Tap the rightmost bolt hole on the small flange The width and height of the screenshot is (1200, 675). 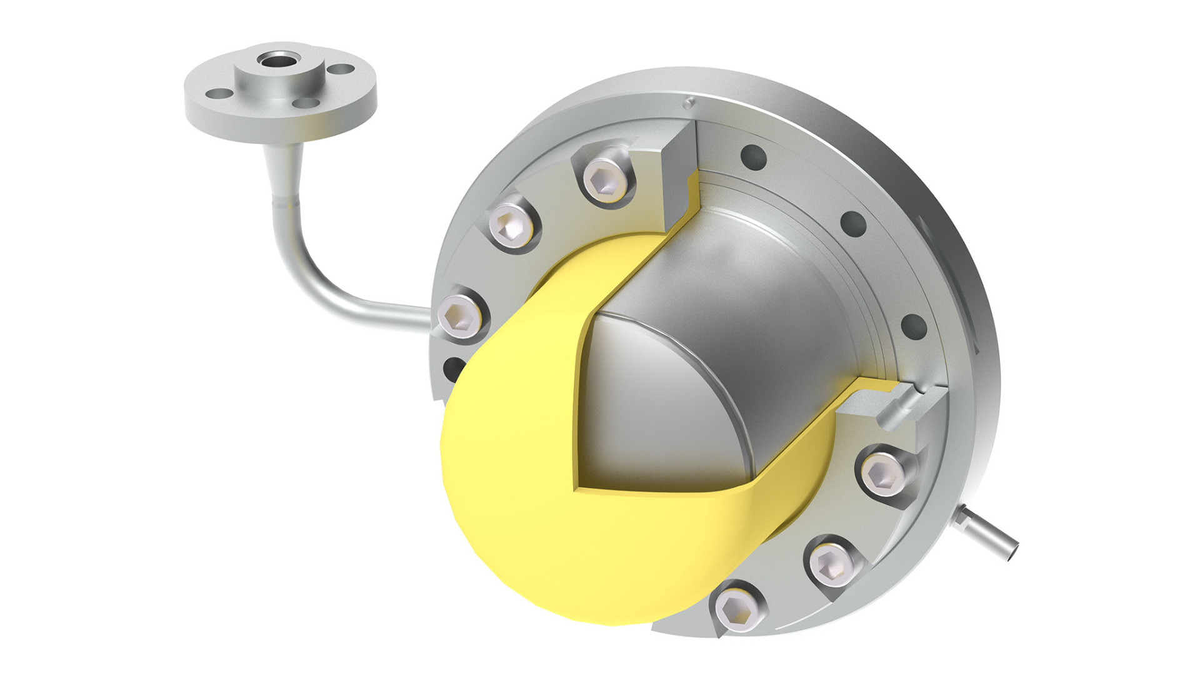pyautogui.click(x=340, y=70)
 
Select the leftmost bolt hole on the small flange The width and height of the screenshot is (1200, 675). pyautogui.click(x=219, y=94)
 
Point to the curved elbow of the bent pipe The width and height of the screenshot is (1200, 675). pyautogui.click(x=306, y=275)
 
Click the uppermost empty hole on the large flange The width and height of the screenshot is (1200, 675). pyautogui.click(x=753, y=157)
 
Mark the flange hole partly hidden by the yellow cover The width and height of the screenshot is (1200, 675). pyautogui.click(x=454, y=369)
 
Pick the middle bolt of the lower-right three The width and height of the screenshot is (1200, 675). pyautogui.click(x=831, y=563)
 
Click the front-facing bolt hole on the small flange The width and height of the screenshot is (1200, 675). pyautogui.click(x=306, y=103)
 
